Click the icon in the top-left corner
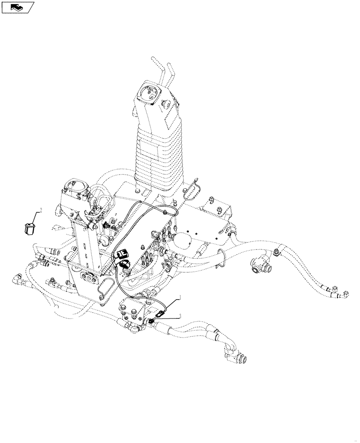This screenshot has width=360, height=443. (18, 7)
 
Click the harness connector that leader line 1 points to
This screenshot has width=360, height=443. (162, 314)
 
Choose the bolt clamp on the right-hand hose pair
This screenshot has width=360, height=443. (277, 253)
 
